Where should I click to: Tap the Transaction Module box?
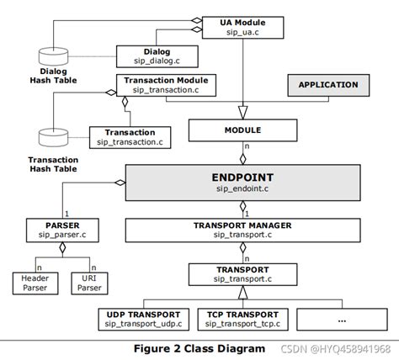167,85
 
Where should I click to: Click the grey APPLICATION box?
327,85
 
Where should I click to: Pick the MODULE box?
242,130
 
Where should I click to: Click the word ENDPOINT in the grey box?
243,178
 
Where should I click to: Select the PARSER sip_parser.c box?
55,230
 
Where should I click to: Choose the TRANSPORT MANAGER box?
243,230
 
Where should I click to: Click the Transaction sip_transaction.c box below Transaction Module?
130,137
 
